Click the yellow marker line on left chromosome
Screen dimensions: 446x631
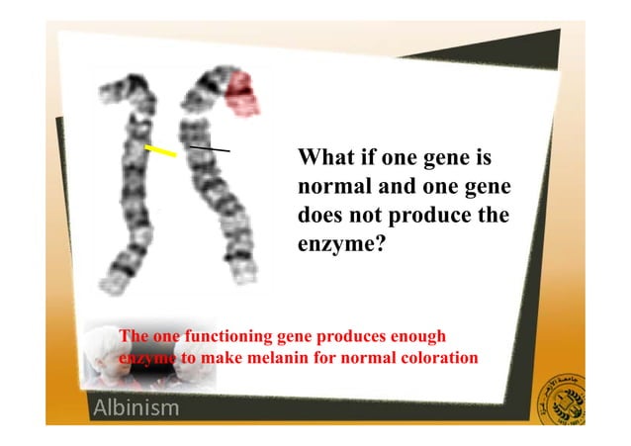click(161, 151)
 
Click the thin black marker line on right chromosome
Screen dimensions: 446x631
click(210, 148)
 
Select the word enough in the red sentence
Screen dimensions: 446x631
click(420, 336)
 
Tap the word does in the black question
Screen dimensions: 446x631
click(319, 215)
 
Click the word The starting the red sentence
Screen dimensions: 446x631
click(133, 336)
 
